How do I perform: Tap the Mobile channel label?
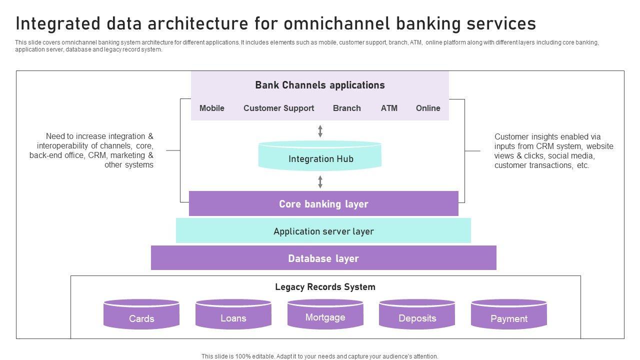212,108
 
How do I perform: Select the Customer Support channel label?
278,108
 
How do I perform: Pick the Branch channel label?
346,108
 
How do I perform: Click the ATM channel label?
389,108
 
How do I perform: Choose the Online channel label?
428,108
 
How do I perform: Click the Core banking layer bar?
323,204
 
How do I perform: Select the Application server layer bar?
323,231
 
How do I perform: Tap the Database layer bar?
323,258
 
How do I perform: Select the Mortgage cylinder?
325,315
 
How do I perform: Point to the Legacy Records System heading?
325,287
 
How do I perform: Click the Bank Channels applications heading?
320,85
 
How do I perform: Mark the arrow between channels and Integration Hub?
320,131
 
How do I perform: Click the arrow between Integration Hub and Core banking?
320,181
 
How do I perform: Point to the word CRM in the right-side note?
546,146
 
